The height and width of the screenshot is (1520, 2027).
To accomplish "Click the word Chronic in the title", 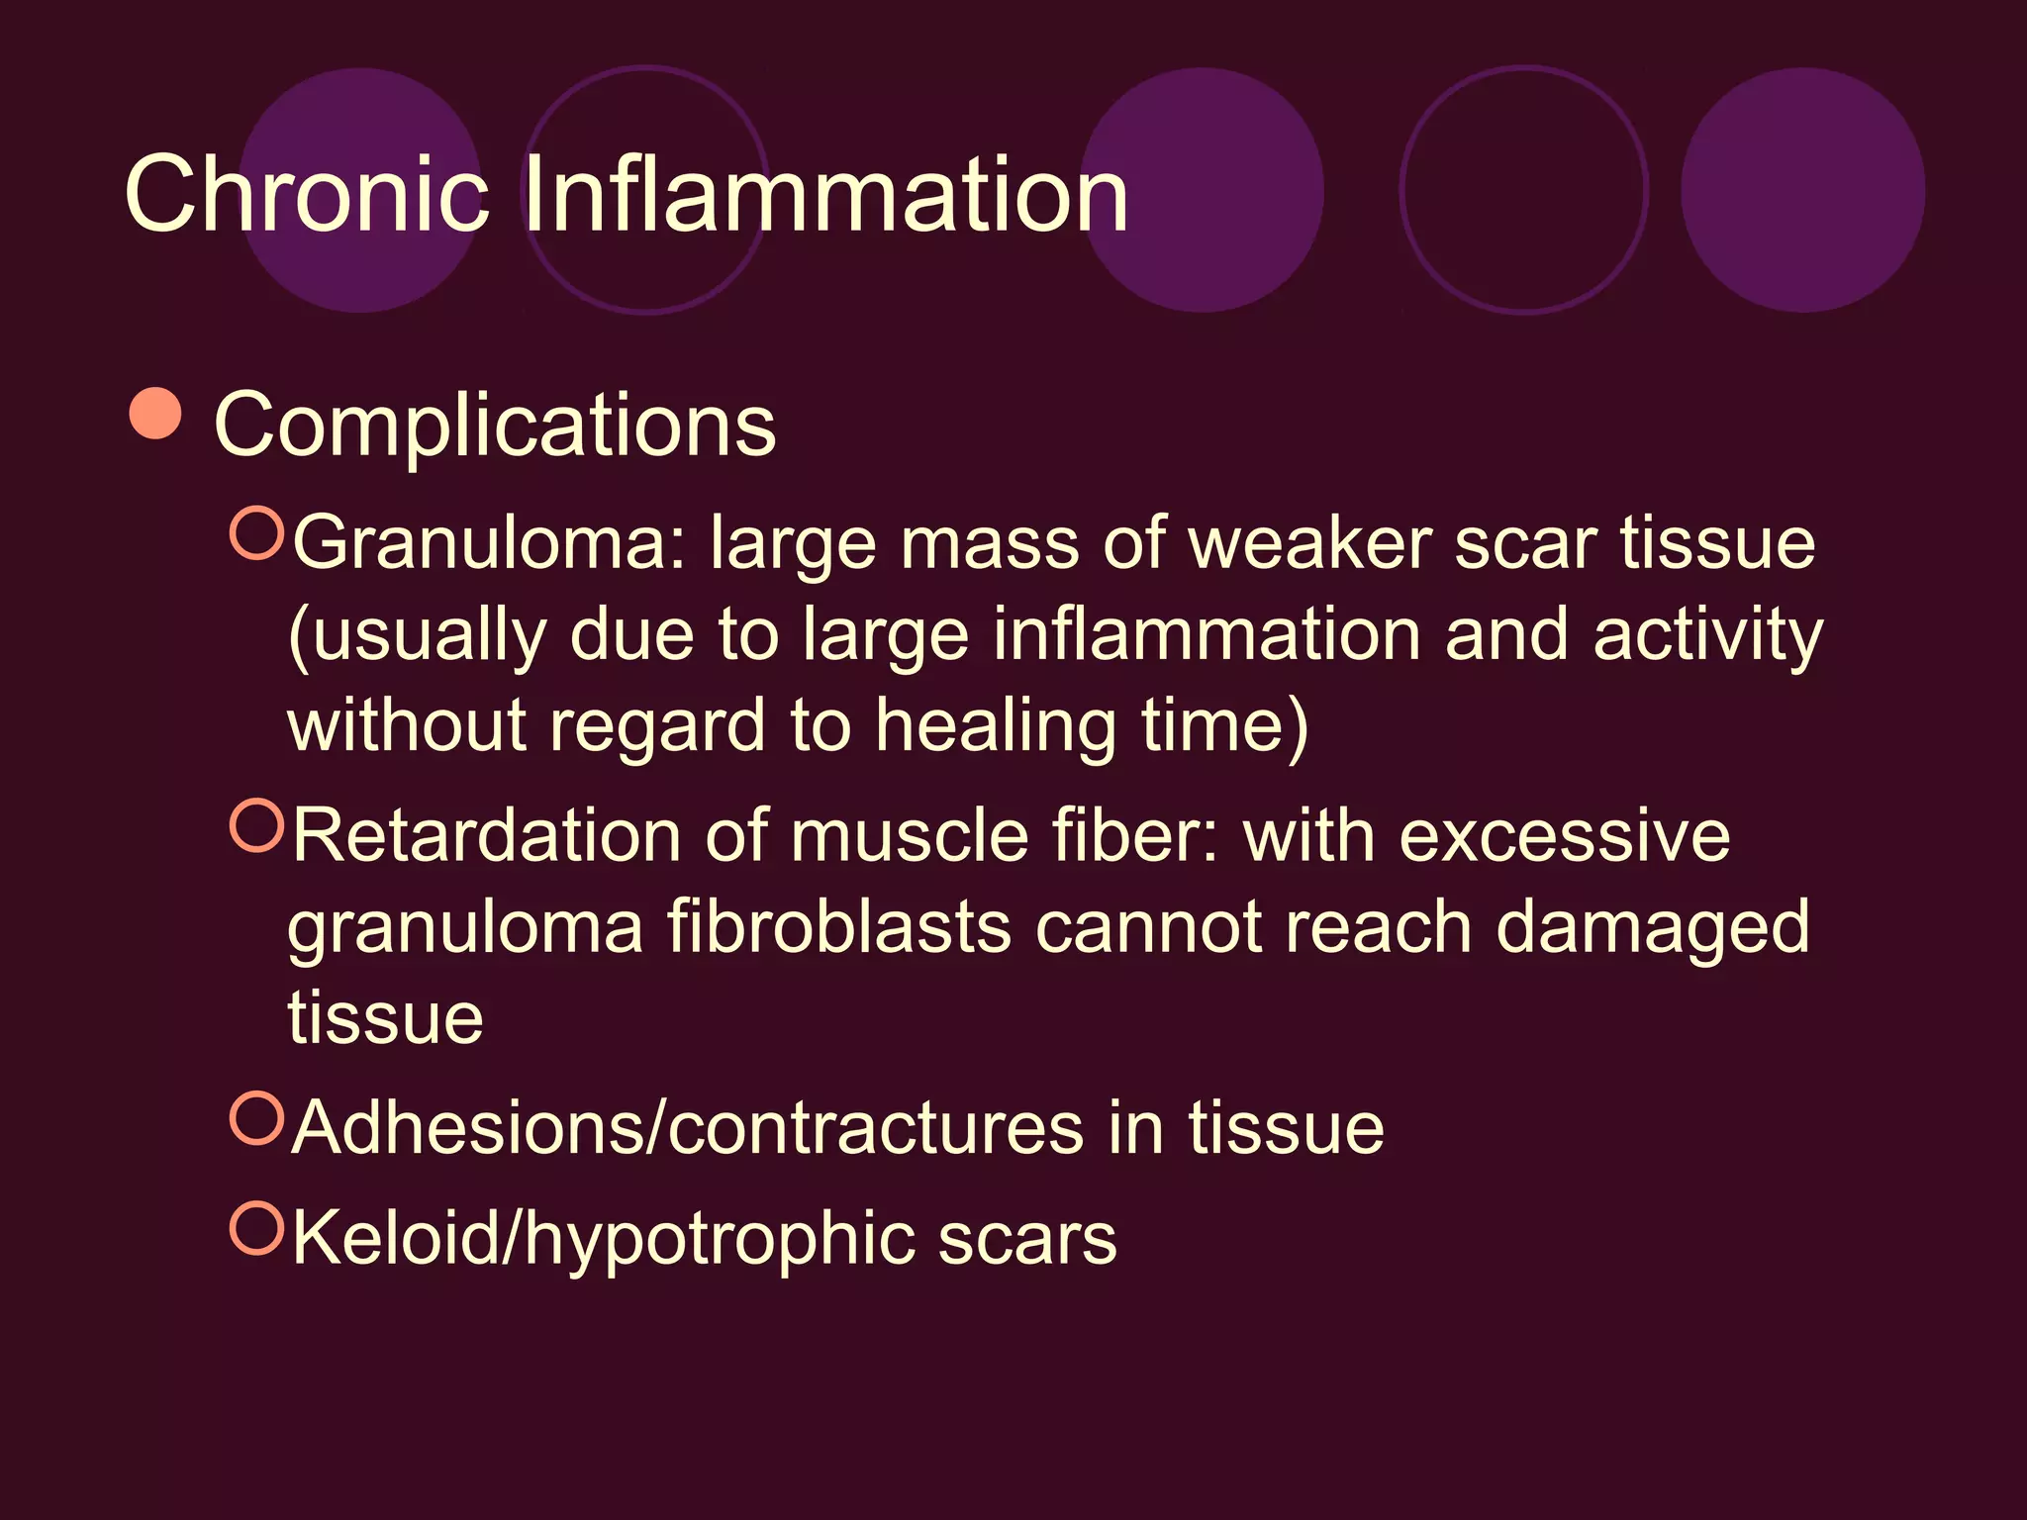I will pyautogui.click(x=307, y=195).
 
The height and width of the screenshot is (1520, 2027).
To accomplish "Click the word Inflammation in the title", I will pyautogui.click(x=825, y=195).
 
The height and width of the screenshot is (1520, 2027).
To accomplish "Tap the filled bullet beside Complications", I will pyautogui.click(x=156, y=414).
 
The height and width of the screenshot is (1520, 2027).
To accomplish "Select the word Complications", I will pyautogui.click(x=495, y=426).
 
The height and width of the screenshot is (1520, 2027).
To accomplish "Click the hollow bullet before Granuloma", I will pyautogui.click(x=257, y=533).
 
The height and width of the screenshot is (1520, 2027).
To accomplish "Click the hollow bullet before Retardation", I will pyautogui.click(x=257, y=826).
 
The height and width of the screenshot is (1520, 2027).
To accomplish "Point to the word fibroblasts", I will pyautogui.click(x=839, y=928).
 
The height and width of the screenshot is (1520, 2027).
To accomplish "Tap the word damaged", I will pyautogui.click(x=1652, y=928).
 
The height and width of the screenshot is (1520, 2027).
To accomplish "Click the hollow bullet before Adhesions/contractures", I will pyautogui.click(x=257, y=1117).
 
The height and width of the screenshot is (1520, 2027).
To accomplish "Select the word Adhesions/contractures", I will pyautogui.click(x=688, y=1128).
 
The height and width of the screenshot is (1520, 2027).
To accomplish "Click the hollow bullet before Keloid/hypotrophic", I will pyautogui.click(x=257, y=1228).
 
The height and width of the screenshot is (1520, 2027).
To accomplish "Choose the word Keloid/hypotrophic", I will pyautogui.click(x=603, y=1240).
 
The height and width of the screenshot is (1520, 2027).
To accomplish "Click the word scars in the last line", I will pyautogui.click(x=1026, y=1240).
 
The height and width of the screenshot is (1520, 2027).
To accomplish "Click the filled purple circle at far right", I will pyautogui.click(x=1802, y=190).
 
